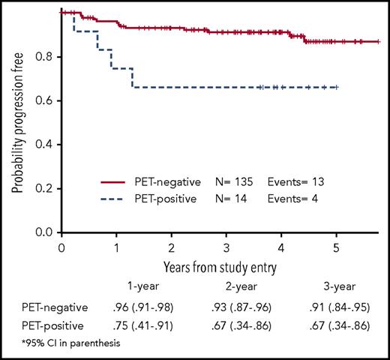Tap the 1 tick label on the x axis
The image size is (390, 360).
pyautogui.click(x=116, y=247)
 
